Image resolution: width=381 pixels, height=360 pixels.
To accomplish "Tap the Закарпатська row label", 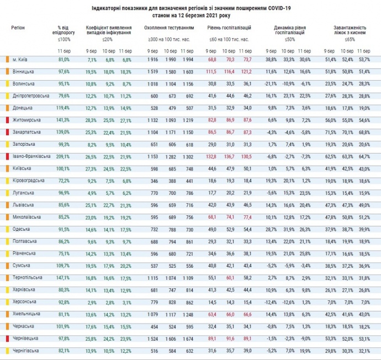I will click(26, 132).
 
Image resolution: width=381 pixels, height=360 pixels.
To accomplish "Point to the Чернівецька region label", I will click(25, 338).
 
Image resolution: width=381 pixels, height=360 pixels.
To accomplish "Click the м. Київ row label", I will click(22, 59).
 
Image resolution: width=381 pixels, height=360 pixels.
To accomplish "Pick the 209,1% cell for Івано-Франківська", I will click(64, 156).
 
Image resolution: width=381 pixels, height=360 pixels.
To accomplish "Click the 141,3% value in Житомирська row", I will click(64, 120).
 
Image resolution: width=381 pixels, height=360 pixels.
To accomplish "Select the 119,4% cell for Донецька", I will click(64, 108).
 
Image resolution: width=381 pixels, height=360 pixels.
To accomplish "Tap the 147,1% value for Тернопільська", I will click(64, 277).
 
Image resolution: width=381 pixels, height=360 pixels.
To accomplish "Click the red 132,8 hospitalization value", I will click(212, 156).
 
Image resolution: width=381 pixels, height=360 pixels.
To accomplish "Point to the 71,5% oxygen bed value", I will click(331, 132).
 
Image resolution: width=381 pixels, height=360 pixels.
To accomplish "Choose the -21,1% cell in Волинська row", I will click(271, 83).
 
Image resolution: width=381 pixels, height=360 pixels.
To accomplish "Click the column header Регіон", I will click(18, 27).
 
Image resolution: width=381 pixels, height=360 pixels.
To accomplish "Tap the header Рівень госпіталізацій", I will click(229, 27).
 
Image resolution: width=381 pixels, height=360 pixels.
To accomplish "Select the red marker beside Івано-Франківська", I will click(8, 156).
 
